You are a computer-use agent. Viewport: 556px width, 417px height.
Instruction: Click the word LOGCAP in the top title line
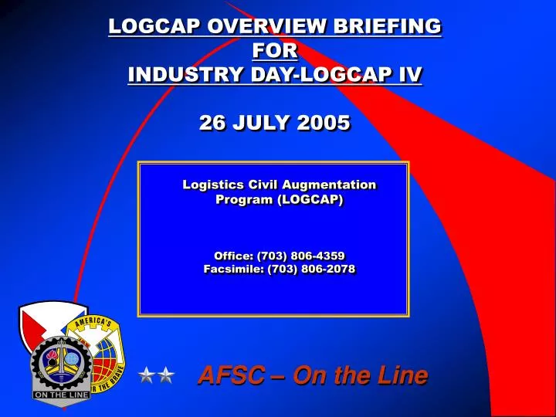(x=148, y=27)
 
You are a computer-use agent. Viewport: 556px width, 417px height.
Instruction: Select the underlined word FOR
(x=274, y=51)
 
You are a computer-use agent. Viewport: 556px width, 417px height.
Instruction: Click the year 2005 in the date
(x=319, y=123)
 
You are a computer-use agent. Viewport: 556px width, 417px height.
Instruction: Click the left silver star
(x=147, y=376)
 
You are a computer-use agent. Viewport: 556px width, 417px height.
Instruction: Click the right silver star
(x=166, y=376)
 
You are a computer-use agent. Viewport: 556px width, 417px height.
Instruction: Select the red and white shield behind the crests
(x=39, y=320)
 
